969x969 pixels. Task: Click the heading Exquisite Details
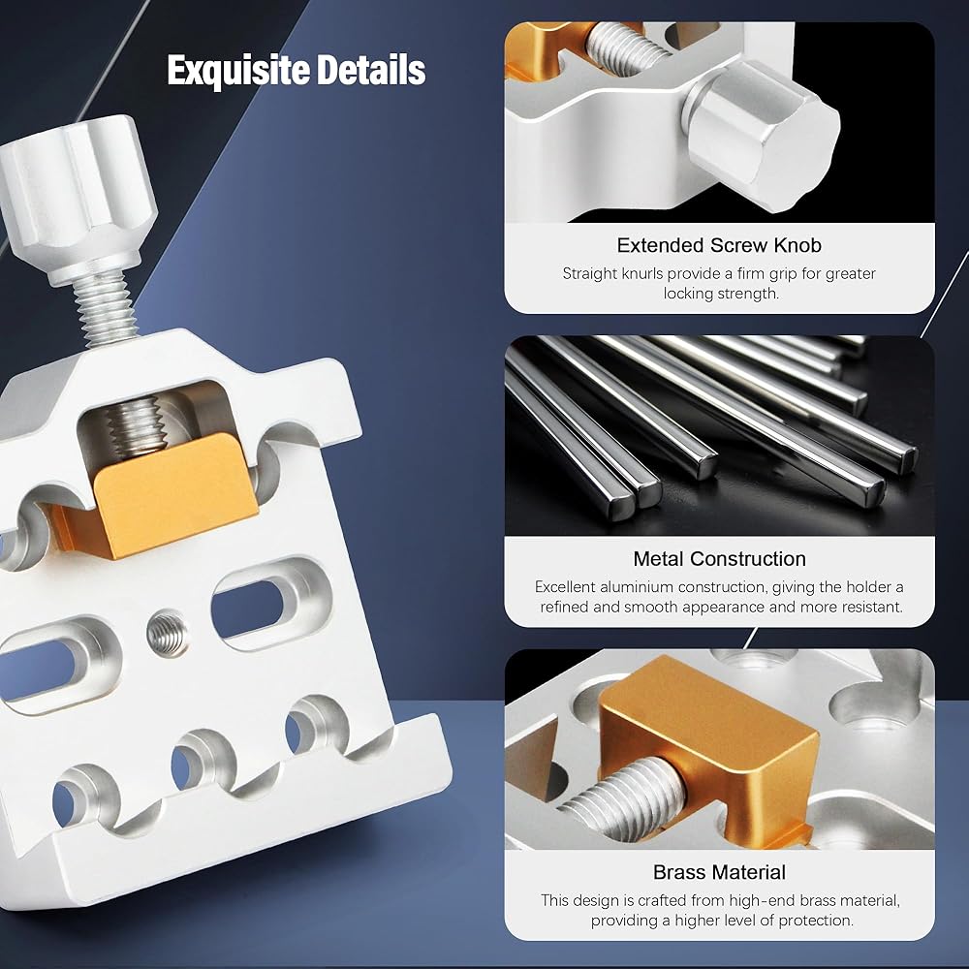coord(296,71)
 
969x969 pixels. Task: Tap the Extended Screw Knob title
coord(719,245)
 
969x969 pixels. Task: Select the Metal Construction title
coord(719,559)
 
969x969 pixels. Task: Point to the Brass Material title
coord(719,872)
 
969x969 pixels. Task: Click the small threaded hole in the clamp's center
coord(168,633)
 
